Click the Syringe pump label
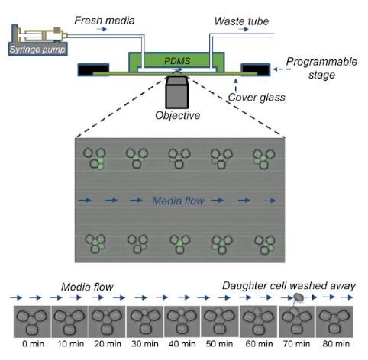click(37, 50)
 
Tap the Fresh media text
click(105, 21)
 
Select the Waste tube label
click(241, 21)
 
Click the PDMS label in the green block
click(177, 61)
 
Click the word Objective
click(178, 115)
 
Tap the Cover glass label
click(257, 98)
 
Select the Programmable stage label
click(321, 68)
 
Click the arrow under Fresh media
click(102, 29)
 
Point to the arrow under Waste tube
click(243, 29)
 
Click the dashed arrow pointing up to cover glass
click(236, 85)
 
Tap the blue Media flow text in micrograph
click(178, 201)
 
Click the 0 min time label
click(33, 344)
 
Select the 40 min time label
click(182, 344)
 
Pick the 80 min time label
click(336, 344)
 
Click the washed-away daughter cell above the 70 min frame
click(299, 297)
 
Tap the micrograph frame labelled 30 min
click(145, 322)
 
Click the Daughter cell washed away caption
click(289, 286)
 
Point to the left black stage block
click(93, 69)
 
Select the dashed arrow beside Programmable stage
click(282, 69)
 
